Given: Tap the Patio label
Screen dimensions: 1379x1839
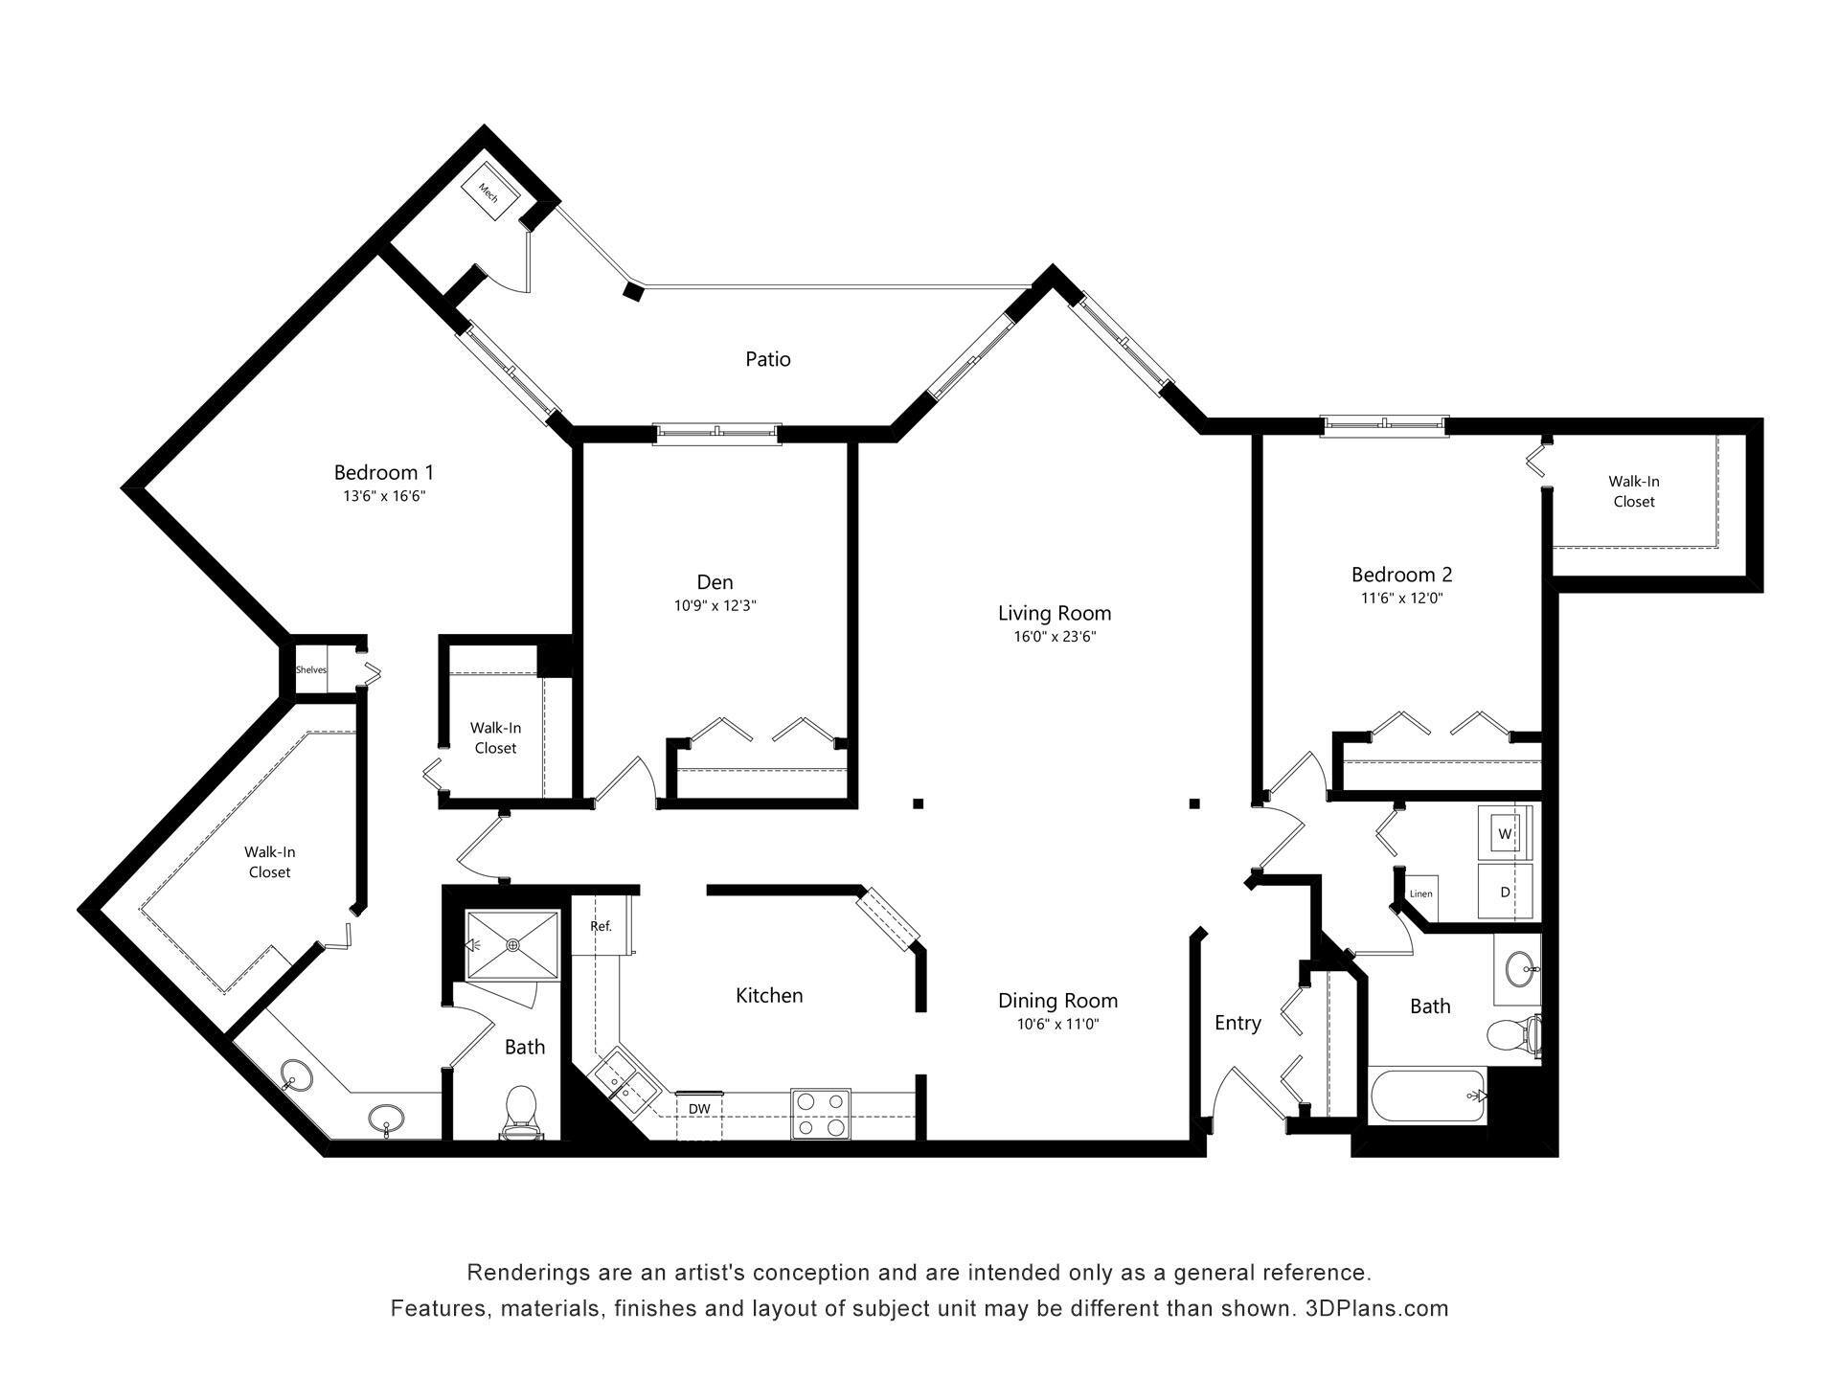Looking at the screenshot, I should click(x=768, y=359).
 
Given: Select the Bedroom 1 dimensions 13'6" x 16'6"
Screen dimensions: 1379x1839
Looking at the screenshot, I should click(x=383, y=496).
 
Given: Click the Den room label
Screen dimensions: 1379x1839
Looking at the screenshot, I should click(x=715, y=582).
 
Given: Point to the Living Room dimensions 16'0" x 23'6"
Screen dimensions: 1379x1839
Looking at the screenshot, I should click(x=1055, y=637).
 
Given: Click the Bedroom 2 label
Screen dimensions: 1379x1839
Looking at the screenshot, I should click(x=1401, y=575).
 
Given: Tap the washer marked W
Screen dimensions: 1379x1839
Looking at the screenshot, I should click(x=1505, y=834).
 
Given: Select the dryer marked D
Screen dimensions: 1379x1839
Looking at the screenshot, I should click(x=1505, y=892).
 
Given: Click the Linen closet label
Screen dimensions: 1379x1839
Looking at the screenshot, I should click(x=1420, y=894).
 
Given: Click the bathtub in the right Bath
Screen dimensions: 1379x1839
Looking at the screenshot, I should click(x=1427, y=1097).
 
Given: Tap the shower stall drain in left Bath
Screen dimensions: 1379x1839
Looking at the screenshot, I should click(x=512, y=945).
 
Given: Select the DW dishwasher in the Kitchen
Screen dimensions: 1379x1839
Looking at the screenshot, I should click(x=699, y=1109).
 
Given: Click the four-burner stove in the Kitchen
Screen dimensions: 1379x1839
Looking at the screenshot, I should click(x=821, y=1114).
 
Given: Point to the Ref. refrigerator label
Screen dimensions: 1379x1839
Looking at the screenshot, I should click(x=601, y=926).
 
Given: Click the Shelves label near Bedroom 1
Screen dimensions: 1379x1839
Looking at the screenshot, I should click(x=310, y=669).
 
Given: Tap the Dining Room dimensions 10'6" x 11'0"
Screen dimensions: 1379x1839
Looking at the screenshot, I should click(x=1057, y=1024).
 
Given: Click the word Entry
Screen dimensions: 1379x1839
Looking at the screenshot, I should click(x=1237, y=1023).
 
